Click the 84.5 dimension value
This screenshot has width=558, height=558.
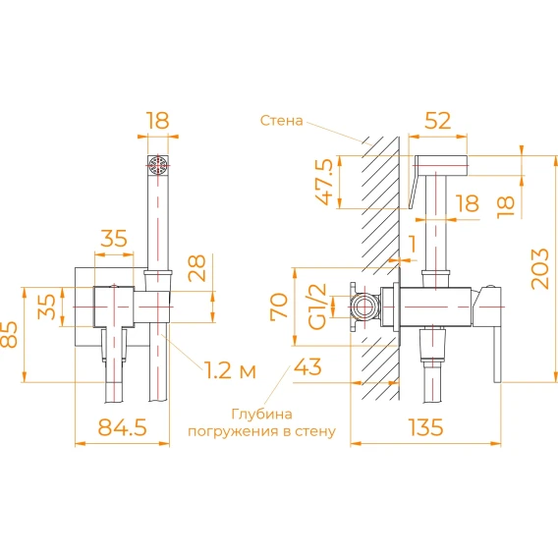(122, 427)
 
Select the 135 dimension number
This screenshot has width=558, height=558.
(426, 427)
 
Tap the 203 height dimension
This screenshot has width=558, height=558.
(540, 268)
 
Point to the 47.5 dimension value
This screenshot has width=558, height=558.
(326, 182)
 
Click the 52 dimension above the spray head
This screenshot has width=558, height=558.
(437, 121)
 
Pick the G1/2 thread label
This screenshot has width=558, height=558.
(317, 307)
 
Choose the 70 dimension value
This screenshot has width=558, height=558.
(279, 307)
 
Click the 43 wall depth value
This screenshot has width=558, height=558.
(307, 366)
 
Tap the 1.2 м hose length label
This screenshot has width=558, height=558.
(230, 370)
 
